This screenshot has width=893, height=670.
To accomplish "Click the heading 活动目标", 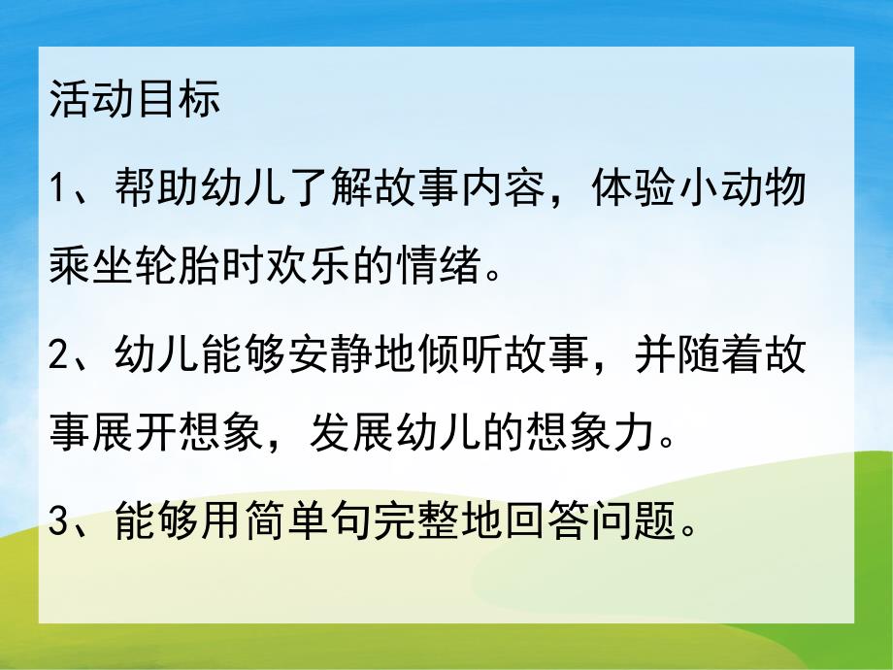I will pos(135,101).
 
